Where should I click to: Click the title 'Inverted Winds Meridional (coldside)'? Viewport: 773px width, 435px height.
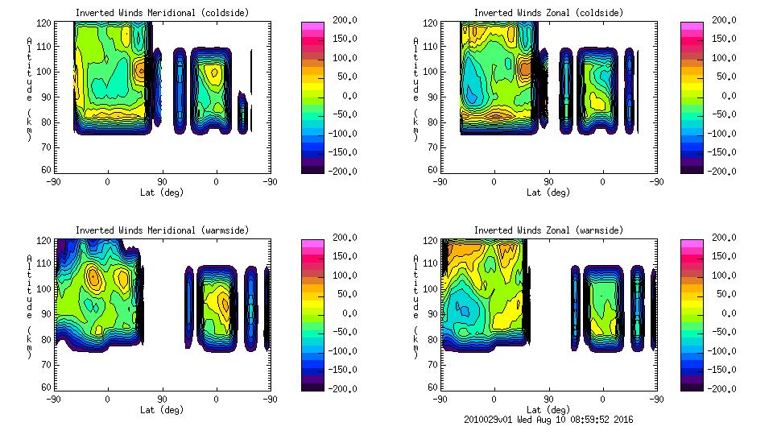[x=162, y=13]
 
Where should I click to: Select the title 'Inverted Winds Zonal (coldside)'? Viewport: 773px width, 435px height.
[x=548, y=13]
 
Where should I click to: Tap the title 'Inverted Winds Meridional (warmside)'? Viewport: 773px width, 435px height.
[x=162, y=230]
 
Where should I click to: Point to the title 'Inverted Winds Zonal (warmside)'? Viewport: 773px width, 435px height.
[x=548, y=230]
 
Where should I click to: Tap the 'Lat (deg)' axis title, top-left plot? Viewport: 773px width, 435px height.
[x=162, y=193]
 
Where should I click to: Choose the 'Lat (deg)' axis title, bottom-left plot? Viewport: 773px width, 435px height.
[x=162, y=410]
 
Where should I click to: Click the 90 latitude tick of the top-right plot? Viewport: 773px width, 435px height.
[x=548, y=182]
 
